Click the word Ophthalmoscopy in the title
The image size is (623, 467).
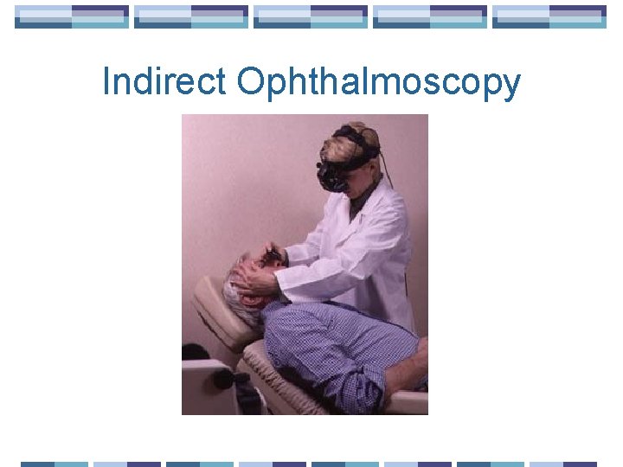click(x=379, y=83)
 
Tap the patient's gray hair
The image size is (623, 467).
click(x=233, y=286)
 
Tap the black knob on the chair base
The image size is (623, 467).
click(x=223, y=378)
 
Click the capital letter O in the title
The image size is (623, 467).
click(x=250, y=82)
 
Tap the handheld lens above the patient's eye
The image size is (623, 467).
click(x=275, y=255)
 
